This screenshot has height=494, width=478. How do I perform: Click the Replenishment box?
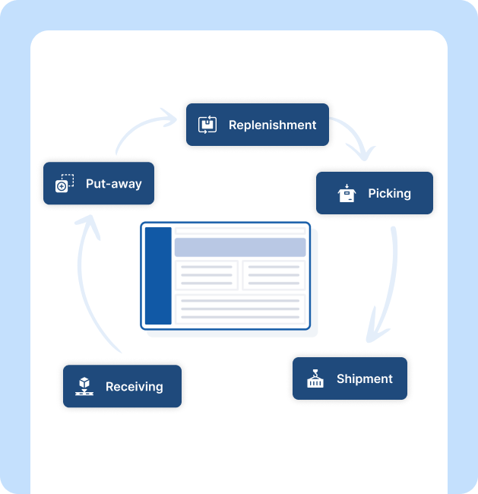pyautogui.click(x=257, y=125)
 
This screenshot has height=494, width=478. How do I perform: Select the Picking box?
pyautogui.click(x=374, y=193)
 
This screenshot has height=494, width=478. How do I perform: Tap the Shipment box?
pyautogui.click(x=350, y=378)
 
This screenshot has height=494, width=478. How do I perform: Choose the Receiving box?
pyautogui.click(x=122, y=386)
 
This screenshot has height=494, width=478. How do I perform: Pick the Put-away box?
pyautogui.click(x=98, y=183)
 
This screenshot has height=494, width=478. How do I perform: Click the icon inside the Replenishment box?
pyautogui.click(x=207, y=125)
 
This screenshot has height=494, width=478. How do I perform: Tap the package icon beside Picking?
pyautogui.click(x=347, y=193)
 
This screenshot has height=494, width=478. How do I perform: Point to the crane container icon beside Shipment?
pyautogui.click(x=315, y=378)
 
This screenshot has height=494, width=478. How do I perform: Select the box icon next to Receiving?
pyautogui.click(x=84, y=386)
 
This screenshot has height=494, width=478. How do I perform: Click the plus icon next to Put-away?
pyautogui.click(x=65, y=183)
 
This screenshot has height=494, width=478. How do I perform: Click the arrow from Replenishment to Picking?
pyautogui.click(x=354, y=138)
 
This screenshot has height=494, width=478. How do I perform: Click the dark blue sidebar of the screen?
pyautogui.click(x=158, y=275)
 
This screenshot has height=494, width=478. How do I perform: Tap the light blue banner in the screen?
pyautogui.click(x=239, y=247)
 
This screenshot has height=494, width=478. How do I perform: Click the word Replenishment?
pyautogui.click(x=272, y=125)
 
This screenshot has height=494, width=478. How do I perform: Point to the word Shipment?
pyautogui.click(x=365, y=378)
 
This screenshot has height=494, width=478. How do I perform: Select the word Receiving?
pyautogui.click(x=135, y=386)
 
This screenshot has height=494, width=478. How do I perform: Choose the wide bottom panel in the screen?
pyautogui.click(x=239, y=309)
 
